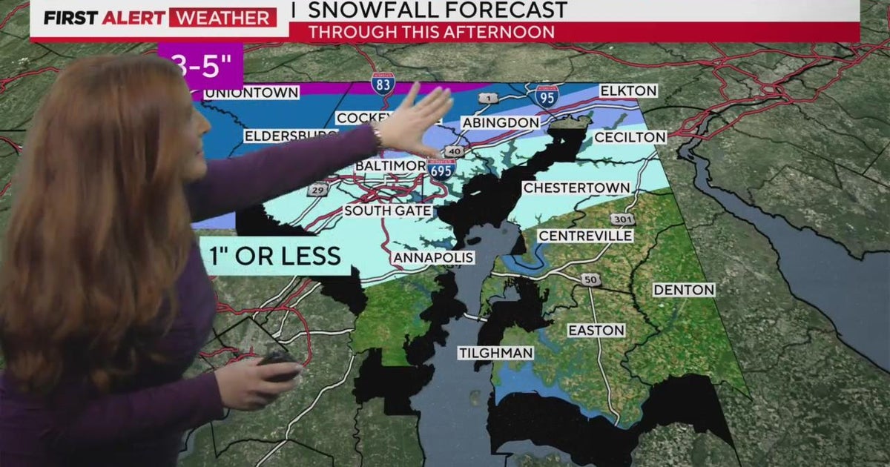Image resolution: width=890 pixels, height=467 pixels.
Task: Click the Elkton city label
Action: [628, 91]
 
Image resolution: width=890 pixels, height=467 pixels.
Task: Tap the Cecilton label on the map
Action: [630, 137]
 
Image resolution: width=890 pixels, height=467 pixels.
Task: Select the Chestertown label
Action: [576, 188]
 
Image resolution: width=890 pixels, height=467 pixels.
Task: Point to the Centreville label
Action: [586, 236]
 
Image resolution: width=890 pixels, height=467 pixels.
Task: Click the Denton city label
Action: [684, 290]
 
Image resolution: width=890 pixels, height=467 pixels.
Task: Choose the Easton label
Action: [596, 330]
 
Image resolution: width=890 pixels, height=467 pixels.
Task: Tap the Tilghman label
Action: [495, 353]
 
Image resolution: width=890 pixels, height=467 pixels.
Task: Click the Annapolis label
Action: [433, 257]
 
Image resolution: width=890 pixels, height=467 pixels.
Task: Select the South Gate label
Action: [388, 211]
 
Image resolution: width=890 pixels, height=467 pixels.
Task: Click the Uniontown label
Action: [251, 93]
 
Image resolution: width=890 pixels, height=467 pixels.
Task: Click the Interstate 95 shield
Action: [546, 96]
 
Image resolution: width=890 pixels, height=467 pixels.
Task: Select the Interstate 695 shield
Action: [442, 168]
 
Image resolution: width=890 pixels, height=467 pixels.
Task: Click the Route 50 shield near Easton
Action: [589, 279]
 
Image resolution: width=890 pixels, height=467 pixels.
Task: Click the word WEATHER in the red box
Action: [222, 17]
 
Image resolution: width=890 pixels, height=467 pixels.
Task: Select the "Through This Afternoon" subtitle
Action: [431, 32]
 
